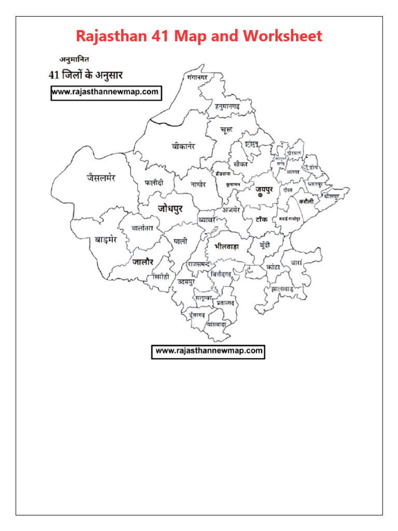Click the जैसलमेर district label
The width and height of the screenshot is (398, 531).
[101, 178]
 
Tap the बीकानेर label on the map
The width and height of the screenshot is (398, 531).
[183, 146]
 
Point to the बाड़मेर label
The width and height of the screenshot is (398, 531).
[106, 240]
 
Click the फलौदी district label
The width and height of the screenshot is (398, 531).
[154, 183]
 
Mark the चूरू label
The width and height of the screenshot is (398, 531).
[226, 129]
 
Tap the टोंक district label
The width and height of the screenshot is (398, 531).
[261, 219]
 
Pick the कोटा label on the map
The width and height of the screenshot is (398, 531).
[273, 267]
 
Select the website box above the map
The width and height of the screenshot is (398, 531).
[105, 93]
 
